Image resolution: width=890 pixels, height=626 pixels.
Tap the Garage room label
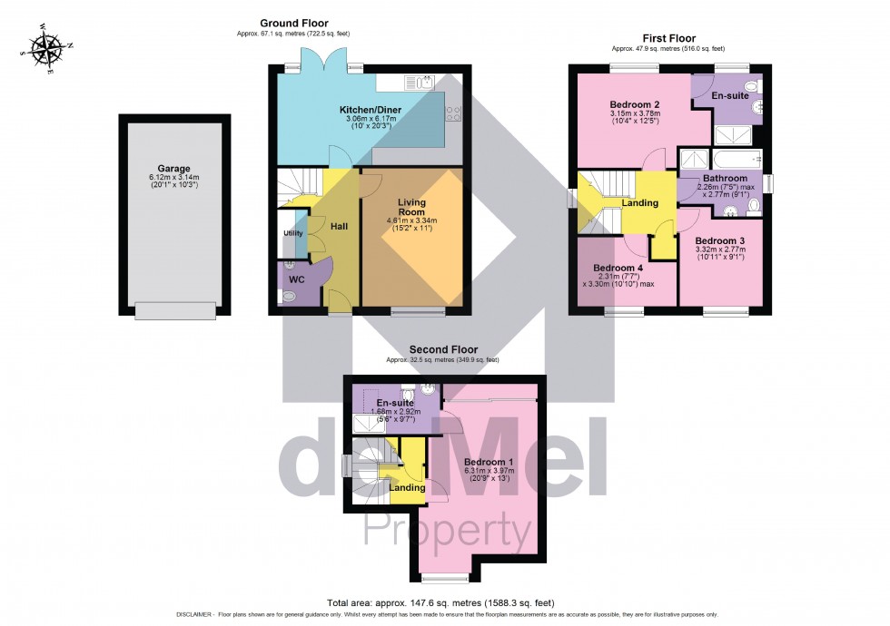click(174, 169)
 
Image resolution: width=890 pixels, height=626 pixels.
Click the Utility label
click(292, 233)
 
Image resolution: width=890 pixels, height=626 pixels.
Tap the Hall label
click(339, 226)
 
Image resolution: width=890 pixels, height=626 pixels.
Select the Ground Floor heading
click(294, 24)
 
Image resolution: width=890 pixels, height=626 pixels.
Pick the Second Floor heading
click(442, 349)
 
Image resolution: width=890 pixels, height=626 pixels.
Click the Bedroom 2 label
click(634, 105)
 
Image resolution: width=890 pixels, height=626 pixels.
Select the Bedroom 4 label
click(618, 269)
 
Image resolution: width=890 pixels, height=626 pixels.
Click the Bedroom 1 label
click(489, 462)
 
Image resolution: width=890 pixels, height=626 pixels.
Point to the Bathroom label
click(722, 178)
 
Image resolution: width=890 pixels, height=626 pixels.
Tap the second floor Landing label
click(408, 488)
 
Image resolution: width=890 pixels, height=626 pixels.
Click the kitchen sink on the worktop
click(419, 83)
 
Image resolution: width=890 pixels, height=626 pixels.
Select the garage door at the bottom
click(175, 310)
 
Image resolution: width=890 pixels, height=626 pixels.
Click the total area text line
click(440, 602)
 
